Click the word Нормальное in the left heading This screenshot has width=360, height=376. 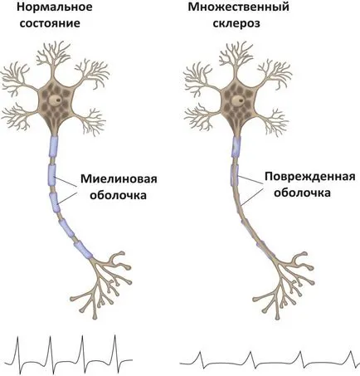point(55,7)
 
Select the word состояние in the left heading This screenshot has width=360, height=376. point(50,23)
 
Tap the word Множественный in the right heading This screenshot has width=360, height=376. point(238,7)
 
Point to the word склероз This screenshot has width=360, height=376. point(236,23)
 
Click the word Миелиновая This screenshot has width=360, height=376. point(119,178)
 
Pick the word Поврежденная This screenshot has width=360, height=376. point(310,176)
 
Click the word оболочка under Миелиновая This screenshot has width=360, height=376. point(119,195)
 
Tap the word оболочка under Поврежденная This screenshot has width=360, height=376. point(302,193)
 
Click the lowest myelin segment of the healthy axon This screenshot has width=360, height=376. point(83,250)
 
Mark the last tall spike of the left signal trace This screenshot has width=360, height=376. point(115,349)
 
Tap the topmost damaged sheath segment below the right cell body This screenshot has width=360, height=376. point(236,147)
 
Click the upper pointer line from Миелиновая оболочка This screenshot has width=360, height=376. point(66,181)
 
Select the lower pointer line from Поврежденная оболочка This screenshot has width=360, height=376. point(251,197)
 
